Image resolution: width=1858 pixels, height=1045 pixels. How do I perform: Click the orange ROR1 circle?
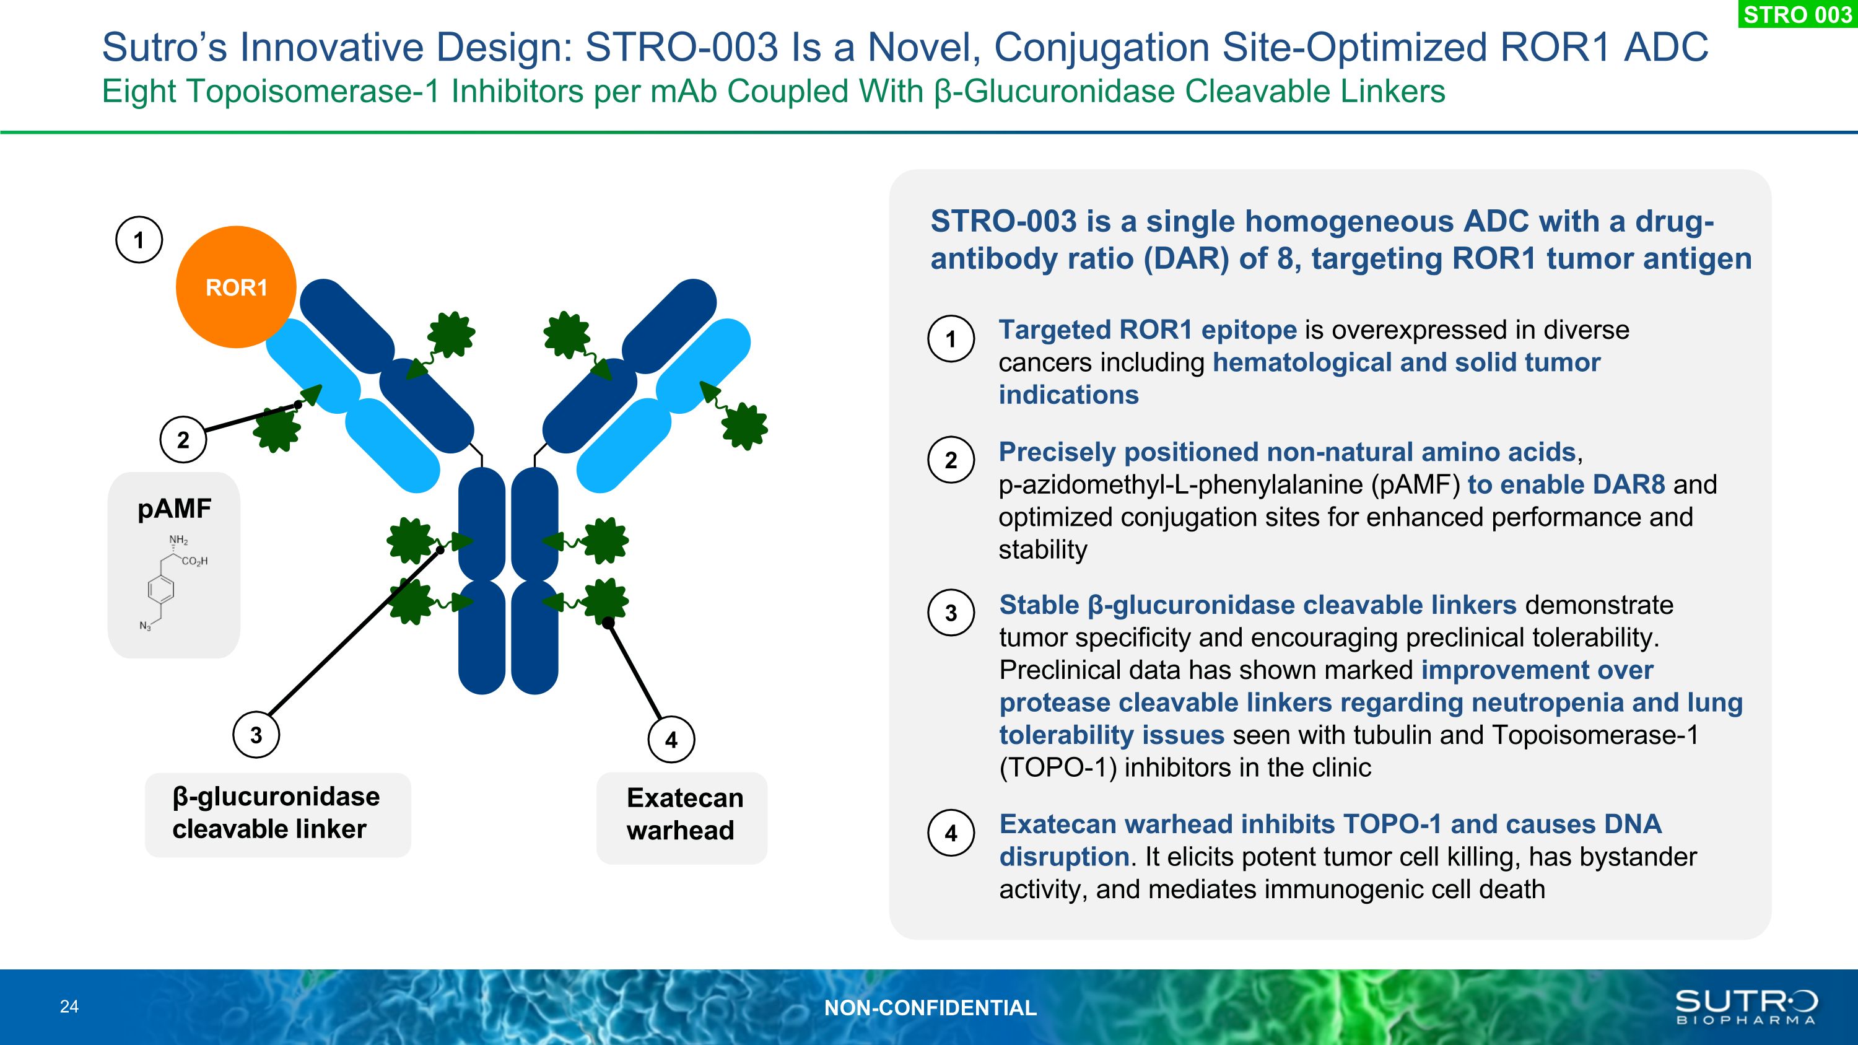coord(236,287)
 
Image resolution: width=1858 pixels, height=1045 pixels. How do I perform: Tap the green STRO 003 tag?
coord(1797,14)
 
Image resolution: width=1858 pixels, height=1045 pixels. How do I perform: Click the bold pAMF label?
coord(175,509)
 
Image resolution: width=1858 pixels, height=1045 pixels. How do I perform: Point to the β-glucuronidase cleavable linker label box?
coord(277,814)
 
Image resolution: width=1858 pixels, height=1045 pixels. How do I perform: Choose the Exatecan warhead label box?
coord(682,817)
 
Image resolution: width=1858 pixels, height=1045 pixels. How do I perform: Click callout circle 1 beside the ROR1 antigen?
coord(139,240)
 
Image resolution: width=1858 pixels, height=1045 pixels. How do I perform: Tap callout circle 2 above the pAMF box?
coord(183,439)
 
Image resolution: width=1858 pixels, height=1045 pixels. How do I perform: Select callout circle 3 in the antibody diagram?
coord(256,735)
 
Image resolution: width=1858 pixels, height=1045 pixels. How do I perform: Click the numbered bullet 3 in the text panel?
coord(951,613)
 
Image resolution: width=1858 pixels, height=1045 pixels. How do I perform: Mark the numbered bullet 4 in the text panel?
coord(951,833)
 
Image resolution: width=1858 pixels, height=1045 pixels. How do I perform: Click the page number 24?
coord(69,1007)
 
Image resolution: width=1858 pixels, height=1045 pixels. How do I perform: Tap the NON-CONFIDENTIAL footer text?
coord(930,1007)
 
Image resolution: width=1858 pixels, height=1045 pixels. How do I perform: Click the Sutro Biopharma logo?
coord(1745,1007)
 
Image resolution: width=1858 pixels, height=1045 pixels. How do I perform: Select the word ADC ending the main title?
coord(1666,48)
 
